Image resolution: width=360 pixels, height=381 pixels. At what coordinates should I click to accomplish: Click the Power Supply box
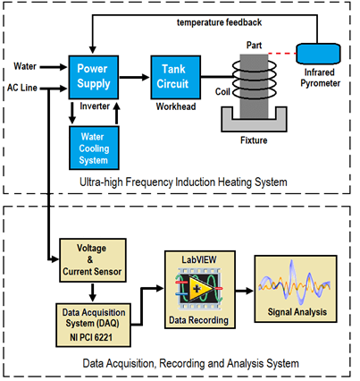[x=94, y=77]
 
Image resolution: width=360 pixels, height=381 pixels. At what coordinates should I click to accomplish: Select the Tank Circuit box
[x=175, y=77]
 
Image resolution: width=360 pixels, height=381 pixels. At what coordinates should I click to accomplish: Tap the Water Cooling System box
[x=94, y=148]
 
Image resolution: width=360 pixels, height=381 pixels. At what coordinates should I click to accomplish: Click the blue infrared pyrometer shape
[x=318, y=54]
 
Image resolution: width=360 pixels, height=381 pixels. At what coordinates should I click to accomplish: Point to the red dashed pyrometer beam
[x=282, y=54]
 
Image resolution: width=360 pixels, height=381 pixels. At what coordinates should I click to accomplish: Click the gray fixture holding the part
[x=254, y=119]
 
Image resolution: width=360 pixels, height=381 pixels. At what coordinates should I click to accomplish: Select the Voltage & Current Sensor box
[x=93, y=260]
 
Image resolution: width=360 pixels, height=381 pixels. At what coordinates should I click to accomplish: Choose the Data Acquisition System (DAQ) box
[x=93, y=325]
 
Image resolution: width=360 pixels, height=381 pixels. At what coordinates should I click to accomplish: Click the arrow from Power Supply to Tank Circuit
[x=134, y=77]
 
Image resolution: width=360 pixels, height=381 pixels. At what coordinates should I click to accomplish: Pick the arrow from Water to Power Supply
[x=54, y=67]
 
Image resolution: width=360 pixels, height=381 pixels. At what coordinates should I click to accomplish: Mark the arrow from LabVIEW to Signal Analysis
[x=245, y=291]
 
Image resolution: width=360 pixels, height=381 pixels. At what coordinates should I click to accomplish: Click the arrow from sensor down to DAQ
[x=93, y=292]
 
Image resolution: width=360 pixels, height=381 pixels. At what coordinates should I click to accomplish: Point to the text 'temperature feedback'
[x=220, y=22]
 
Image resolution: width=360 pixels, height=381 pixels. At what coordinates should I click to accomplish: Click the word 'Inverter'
[x=95, y=106]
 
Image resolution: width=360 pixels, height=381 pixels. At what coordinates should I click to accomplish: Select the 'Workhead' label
[x=176, y=106]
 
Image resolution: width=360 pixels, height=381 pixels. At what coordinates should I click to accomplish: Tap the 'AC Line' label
[x=22, y=88]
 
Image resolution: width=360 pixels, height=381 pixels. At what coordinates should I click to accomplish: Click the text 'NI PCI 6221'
[x=91, y=337]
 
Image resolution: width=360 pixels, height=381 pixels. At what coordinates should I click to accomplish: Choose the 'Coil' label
[x=222, y=91]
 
